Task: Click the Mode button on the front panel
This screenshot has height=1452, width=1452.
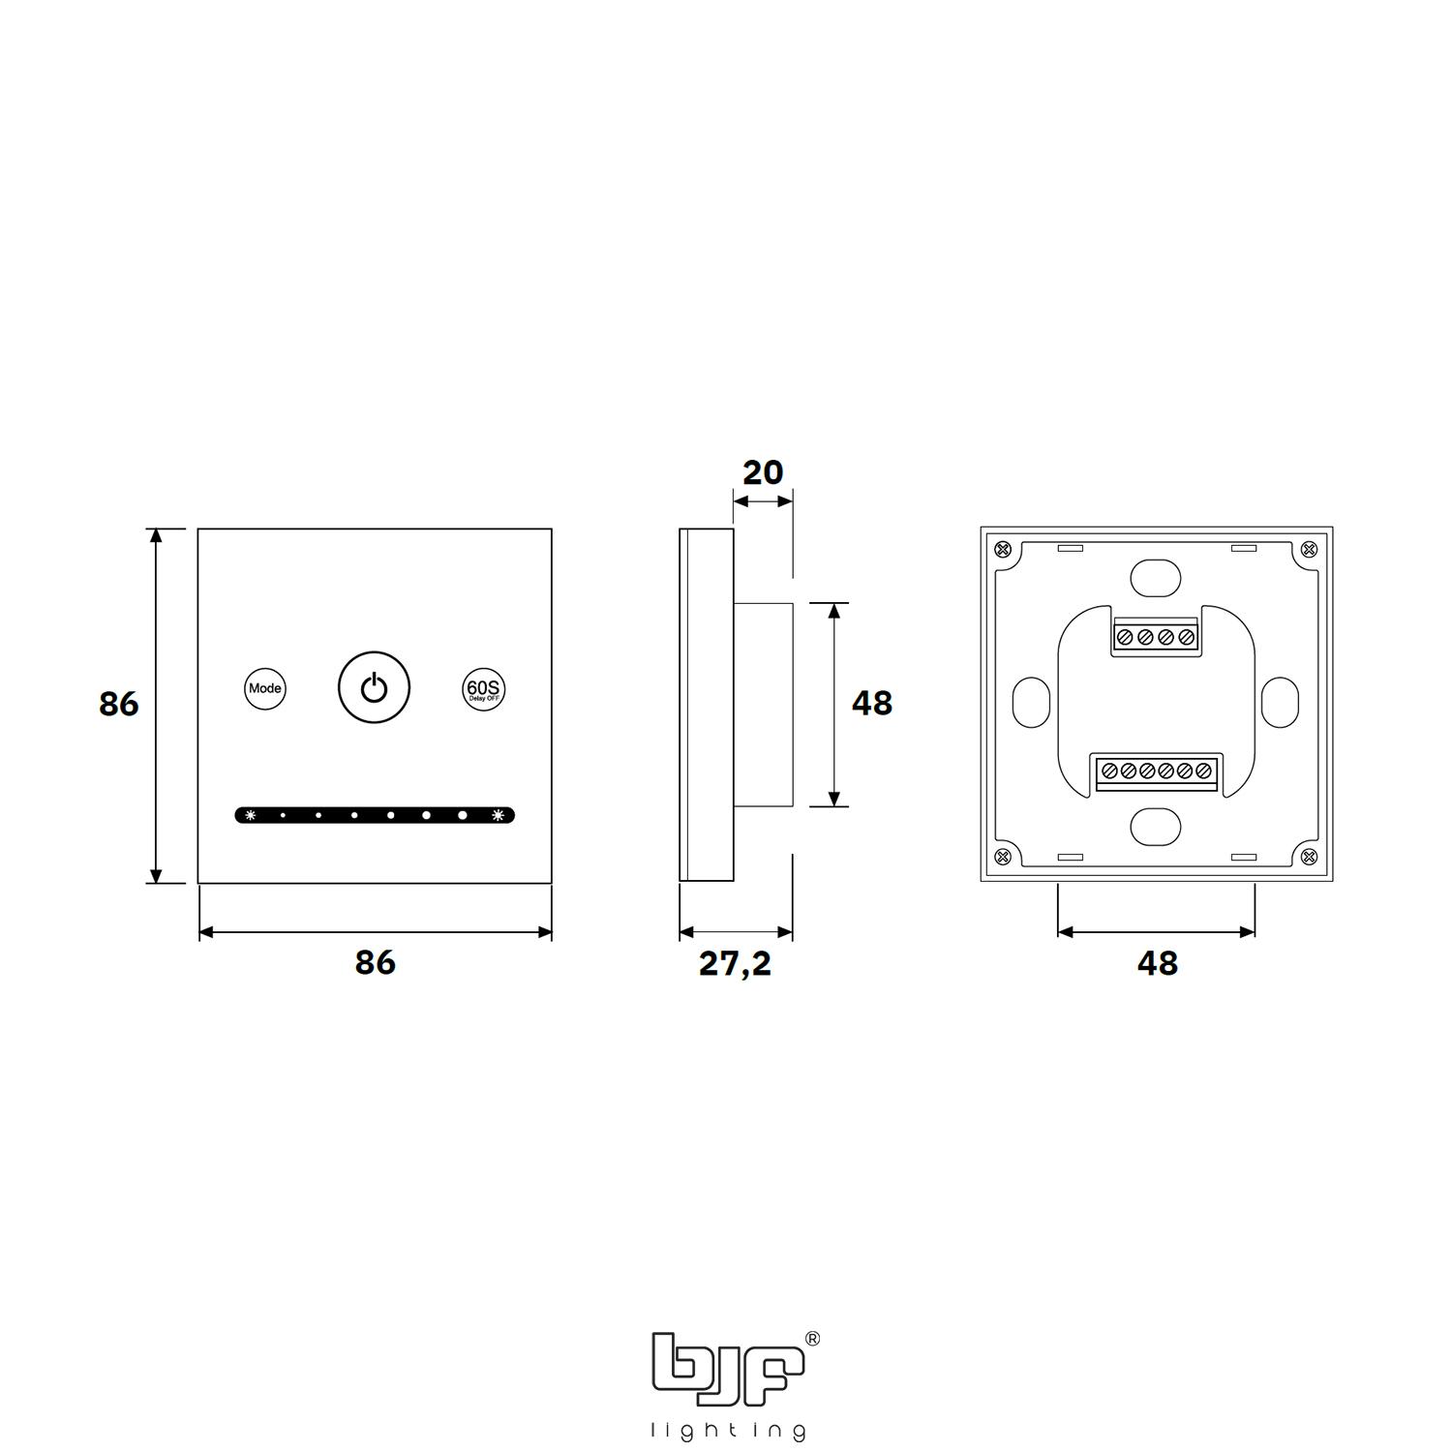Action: pos(264,689)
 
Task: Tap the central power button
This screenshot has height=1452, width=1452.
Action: pos(375,688)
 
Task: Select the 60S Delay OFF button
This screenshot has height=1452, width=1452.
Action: pos(483,689)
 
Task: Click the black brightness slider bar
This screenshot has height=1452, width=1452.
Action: pos(375,815)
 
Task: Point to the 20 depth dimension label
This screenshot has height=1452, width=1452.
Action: pos(763,472)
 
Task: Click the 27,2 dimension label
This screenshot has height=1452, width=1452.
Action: pos(736,964)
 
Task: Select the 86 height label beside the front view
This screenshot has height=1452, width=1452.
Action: pos(119,704)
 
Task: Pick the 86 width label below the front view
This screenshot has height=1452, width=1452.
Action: pos(375,963)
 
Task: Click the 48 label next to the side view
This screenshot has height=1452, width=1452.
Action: pos(871,703)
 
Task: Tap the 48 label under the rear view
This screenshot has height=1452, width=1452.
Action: pos(1158,963)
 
